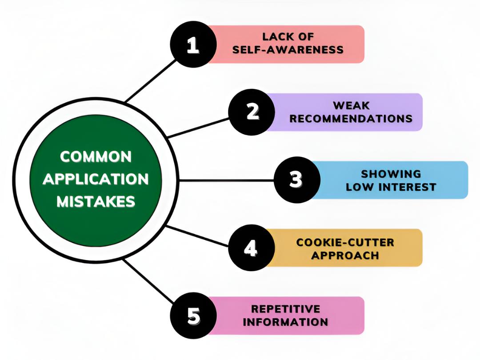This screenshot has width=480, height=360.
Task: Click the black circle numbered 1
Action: pyautogui.click(x=192, y=44)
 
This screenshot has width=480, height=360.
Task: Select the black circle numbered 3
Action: pyautogui.click(x=296, y=180)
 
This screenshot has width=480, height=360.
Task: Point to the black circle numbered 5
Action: pyautogui.click(x=192, y=316)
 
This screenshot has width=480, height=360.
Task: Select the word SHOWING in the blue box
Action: pyautogui.click(x=391, y=174)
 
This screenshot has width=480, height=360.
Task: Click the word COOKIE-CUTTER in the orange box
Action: pyautogui.click(x=345, y=243)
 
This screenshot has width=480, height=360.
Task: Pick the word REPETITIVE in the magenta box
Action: pyautogui.click(x=285, y=309)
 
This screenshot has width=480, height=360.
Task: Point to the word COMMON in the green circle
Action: pyautogui.click(x=96, y=156)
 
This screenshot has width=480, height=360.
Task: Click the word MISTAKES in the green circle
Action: pyautogui.click(x=96, y=202)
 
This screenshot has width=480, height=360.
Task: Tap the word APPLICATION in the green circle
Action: pyautogui.click(x=96, y=179)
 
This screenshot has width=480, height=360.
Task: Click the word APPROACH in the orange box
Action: pyautogui.click(x=345, y=256)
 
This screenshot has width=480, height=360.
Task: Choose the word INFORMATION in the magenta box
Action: pyautogui.click(x=285, y=322)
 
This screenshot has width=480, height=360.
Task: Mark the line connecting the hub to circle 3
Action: pyautogui.click(x=227, y=180)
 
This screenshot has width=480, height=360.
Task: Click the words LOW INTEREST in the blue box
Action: pyautogui.click(x=391, y=187)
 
